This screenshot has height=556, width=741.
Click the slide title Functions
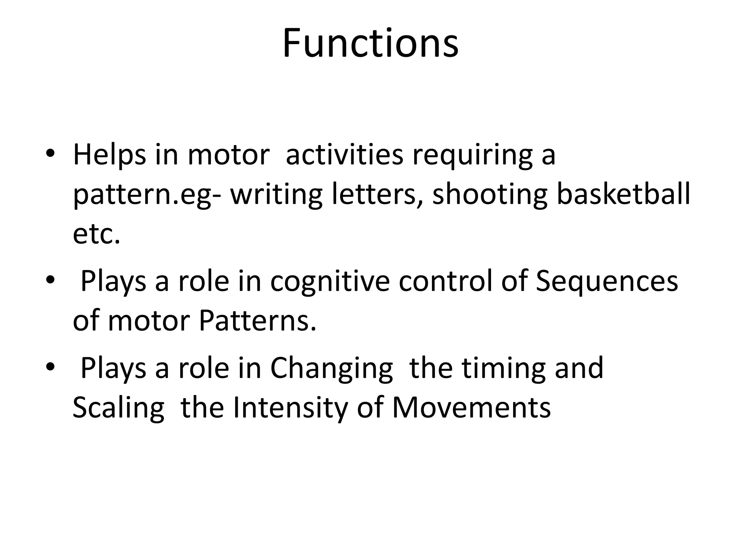370,43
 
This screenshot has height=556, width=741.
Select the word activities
344,155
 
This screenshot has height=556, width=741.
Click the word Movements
471,408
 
